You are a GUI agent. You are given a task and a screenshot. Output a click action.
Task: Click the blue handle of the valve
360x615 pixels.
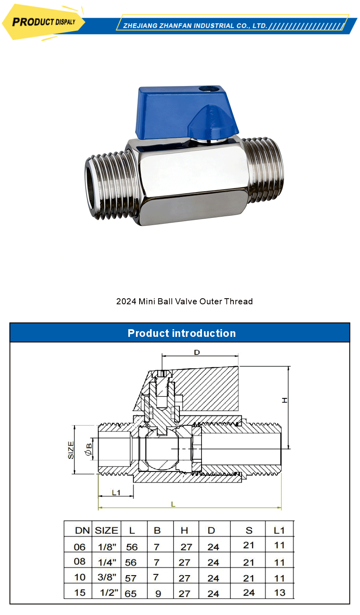pyautogui.click(x=181, y=109)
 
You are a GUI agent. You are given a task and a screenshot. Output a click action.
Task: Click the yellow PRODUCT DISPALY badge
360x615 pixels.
pyautogui.click(x=43, y=22)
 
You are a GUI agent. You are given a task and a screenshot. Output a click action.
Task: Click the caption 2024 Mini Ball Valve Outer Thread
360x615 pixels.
pyautogui.click(x=184, y=301)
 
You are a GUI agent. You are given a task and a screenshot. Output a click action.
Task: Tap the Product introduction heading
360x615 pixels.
pyautogui.click(x=181, y=333)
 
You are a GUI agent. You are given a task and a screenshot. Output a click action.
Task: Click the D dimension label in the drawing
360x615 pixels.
pyautogui.click(x=197, y=353)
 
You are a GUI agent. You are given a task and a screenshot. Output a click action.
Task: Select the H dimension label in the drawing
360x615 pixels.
pyautogui.click(x=285, y=400)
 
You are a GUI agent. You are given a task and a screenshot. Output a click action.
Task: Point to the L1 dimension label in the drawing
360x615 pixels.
pyautogui.click(x=116, y=492)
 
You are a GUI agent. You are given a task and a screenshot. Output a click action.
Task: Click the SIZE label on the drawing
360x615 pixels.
pyautogui.click(x=71, y=450)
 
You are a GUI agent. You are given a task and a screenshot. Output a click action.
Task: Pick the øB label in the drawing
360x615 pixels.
pyautogui.click(x=88, y=449)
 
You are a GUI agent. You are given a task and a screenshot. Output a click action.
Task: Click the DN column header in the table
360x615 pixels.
pyautogui.click(x=82, y=531)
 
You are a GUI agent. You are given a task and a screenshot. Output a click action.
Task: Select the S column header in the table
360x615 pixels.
pyautogui.click(x=249, y=531)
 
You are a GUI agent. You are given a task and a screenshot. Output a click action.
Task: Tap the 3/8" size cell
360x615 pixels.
pyautogui.click(x=107, y=578)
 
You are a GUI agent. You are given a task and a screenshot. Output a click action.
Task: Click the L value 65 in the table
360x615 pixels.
pyautogui.click(x=131, y=594)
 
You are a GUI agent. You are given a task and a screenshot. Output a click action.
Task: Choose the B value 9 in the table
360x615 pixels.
pyautogui.click(x=158, y=594)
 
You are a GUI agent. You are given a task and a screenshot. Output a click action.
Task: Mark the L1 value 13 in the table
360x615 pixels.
pyautogui.click(x=280, y=593)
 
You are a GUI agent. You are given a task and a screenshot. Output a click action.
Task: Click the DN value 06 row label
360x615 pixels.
pyautogui.click(x=80, y=547)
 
